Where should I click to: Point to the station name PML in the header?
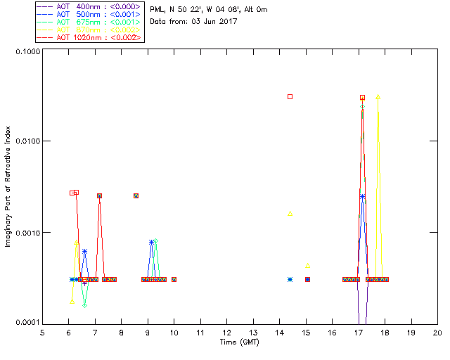click(x=158, y=10)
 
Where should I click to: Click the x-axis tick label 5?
click(x=42, y=332)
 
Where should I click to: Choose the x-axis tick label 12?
click(x=226, y=332)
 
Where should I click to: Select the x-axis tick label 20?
click(x=437, y=332)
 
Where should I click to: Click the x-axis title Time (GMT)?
click(x=239, y=342)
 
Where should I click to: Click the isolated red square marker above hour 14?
click(x=290, y=96)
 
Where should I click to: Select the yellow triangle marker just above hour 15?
click(x=308, y=266)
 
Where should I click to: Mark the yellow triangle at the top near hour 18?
click(x=378, y=97)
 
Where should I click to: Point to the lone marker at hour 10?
click(x=174, y=279)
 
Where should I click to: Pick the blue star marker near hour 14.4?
click(x=290, y=279)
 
